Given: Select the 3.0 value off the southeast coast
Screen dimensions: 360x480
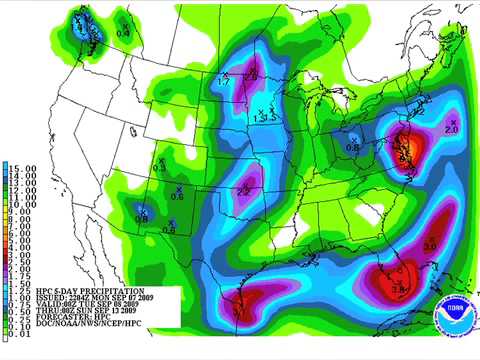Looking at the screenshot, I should point(429,245).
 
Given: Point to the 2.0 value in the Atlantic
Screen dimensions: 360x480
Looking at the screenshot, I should point(450,130).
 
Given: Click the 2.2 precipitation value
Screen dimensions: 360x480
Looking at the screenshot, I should point(243,190).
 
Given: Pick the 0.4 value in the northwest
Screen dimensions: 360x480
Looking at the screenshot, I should point(123,33).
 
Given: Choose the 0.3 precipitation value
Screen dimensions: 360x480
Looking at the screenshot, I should point(159,168).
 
